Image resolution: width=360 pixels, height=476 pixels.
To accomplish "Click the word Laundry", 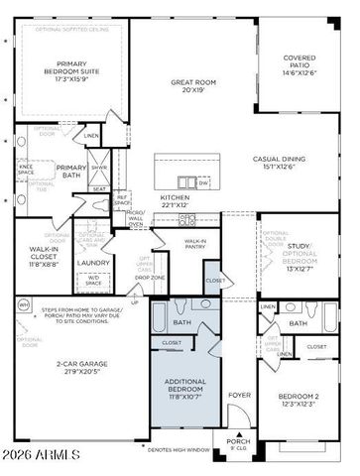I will [93, 263].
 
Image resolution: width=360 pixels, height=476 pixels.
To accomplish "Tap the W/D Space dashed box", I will [93, 282].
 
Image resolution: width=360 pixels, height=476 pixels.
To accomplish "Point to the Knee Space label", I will [26, 170].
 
